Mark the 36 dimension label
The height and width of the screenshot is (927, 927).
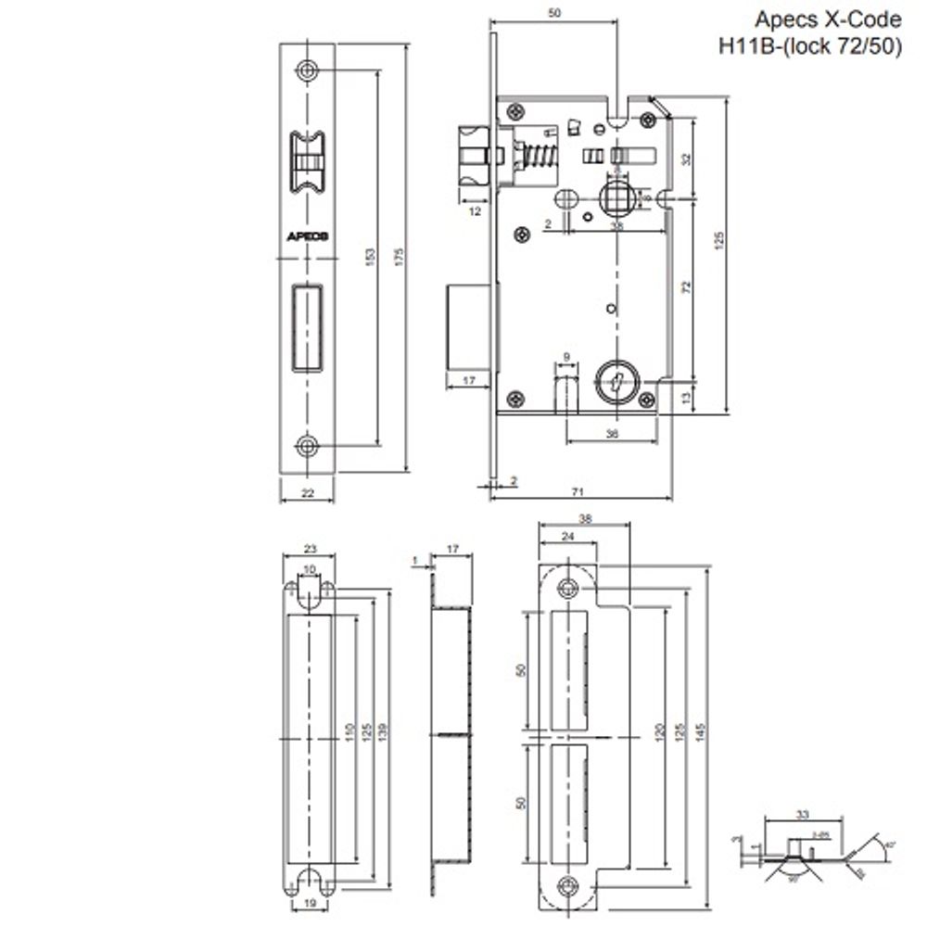tap(611, 432)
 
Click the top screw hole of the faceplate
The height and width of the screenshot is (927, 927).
tap(308, 70)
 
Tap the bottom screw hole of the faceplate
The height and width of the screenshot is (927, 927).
tap(308, 448)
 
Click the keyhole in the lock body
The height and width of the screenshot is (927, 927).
tap(613, 380)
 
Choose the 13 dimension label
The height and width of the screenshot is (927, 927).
tap(685, 398)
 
